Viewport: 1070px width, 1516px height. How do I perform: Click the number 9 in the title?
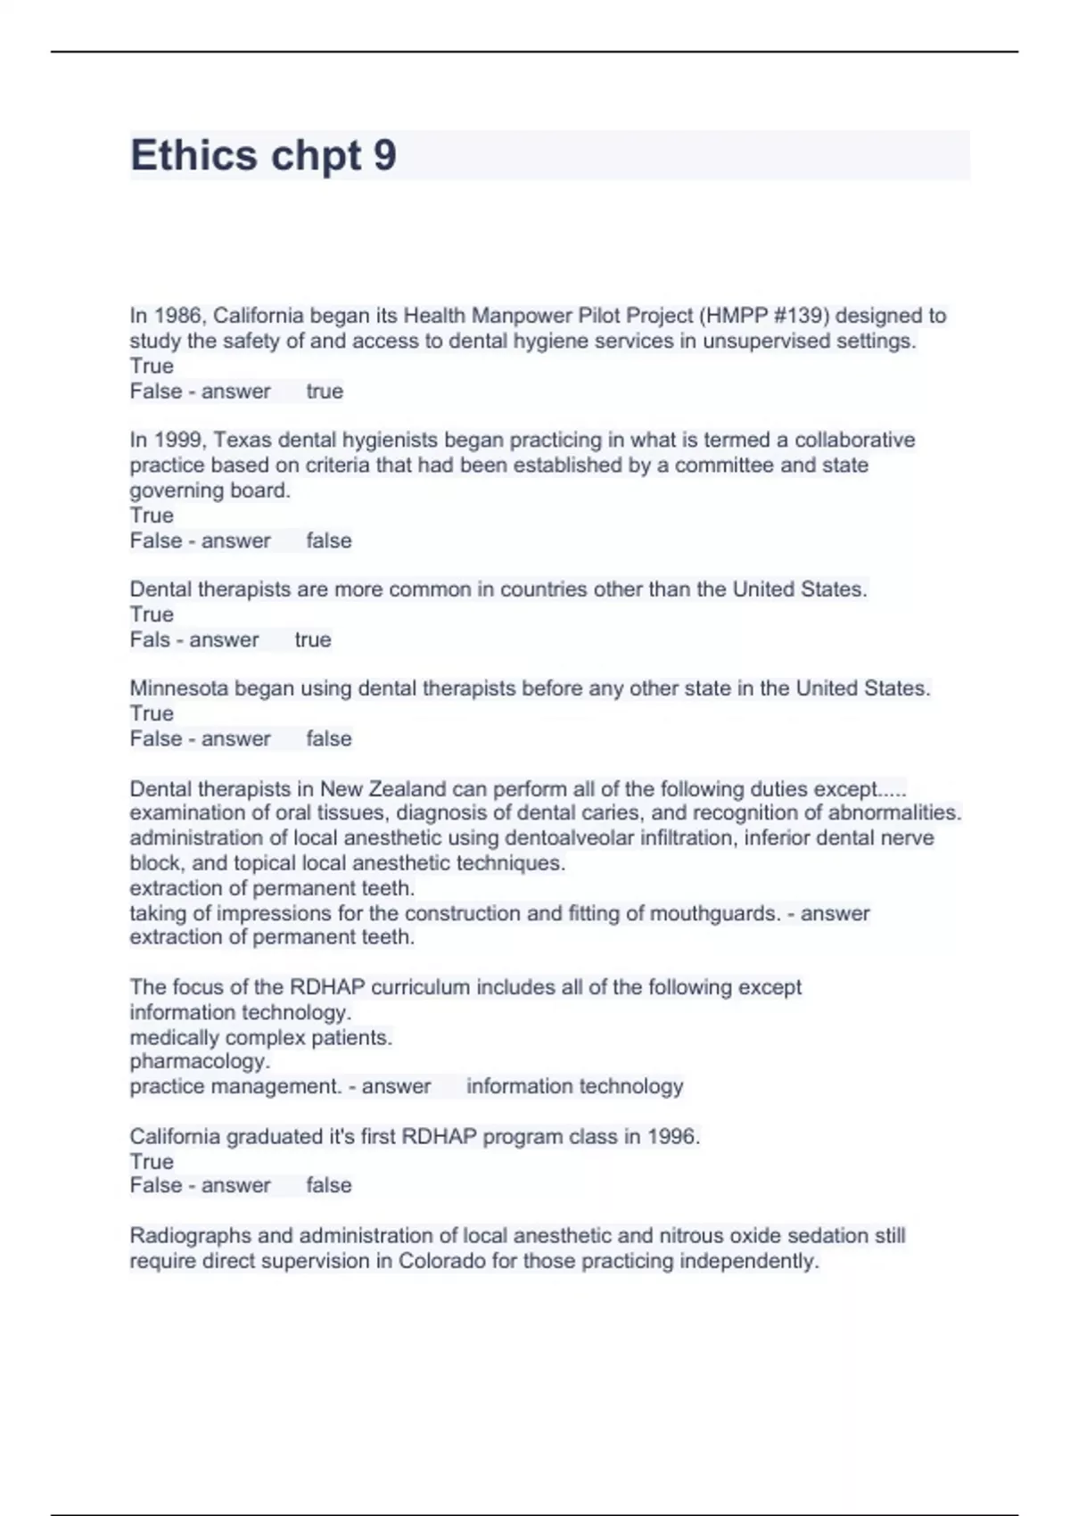[385, 156]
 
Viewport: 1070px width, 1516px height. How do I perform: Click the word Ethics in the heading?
[193, 156]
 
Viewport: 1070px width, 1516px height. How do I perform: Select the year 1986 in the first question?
[178, 316]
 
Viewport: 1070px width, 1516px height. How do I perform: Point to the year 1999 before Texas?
[178, 440]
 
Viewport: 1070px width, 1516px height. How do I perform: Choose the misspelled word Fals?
[150, 639]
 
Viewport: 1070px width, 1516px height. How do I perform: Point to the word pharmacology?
[200, 1062]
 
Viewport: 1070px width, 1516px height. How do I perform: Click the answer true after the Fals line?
[313, 639]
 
